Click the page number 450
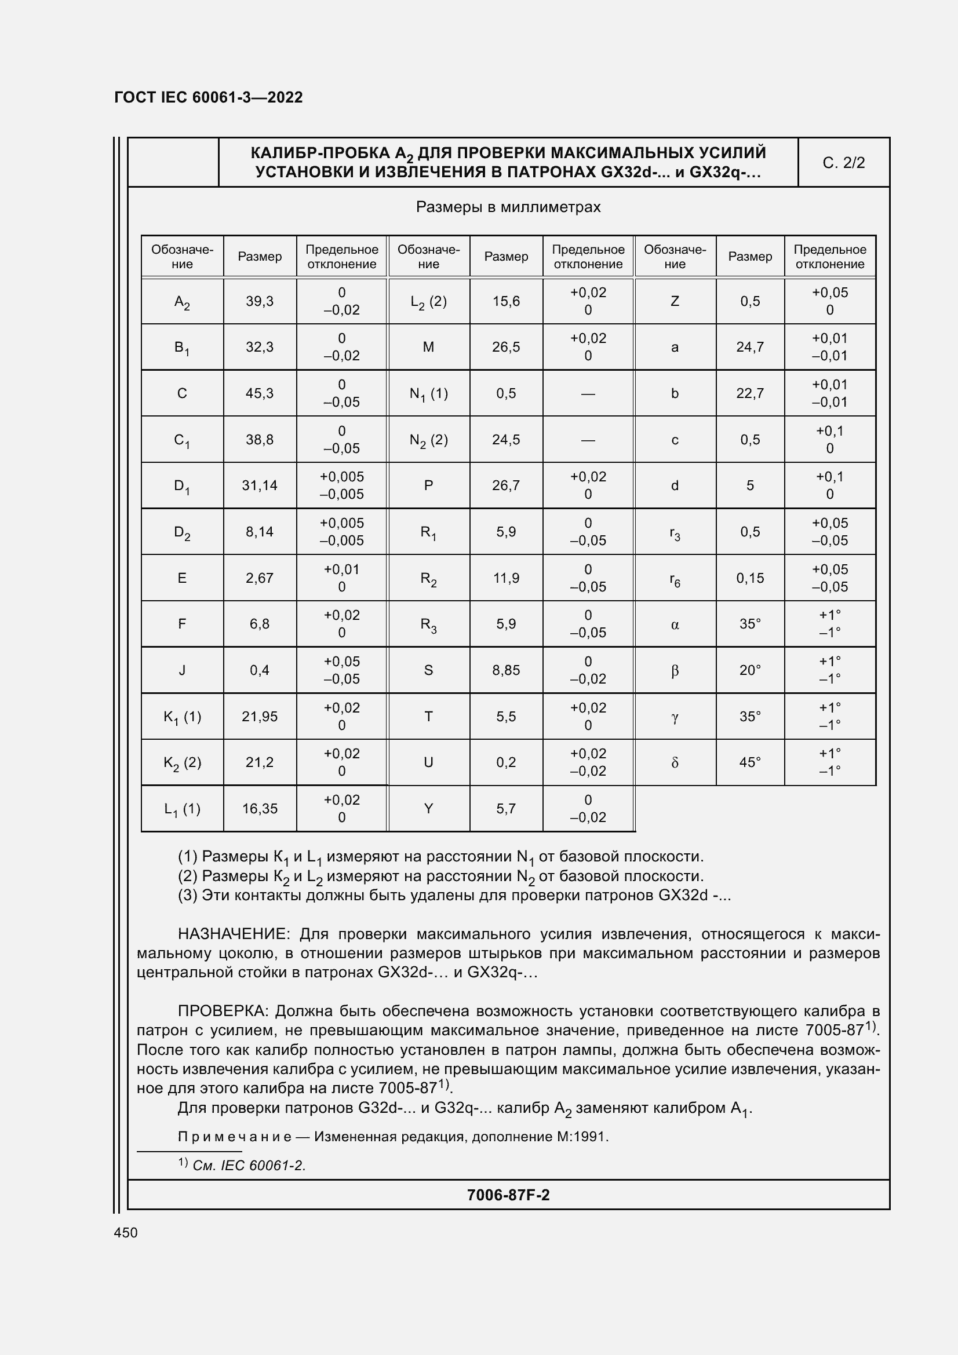pos(126,1232)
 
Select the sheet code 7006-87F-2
pos(508,1195)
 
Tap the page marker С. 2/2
pos(843,163)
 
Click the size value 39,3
pos(260,302)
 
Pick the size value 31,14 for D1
pos(260,485)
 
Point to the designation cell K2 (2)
pos(183,762)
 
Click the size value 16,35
pos(260,809)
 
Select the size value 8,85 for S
pos(506,670)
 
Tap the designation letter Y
pos(428,809)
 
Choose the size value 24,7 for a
pos(749,347)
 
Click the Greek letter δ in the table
pos(675,763)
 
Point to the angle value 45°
pos(749,762)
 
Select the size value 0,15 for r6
pos(749,578)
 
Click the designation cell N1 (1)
pos(428,393)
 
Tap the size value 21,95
pos(260,717)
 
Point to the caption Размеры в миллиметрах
pos(508,207)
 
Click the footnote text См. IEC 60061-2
pos(249,1166)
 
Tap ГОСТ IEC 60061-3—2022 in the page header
pos(209,97)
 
